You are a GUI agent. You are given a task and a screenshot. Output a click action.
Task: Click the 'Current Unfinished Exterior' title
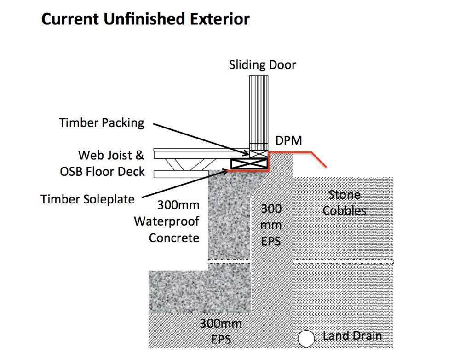click(145, 19)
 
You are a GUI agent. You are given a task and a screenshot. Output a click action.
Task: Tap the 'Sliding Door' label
click(262, 65)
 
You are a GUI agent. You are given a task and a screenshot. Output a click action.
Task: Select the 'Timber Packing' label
click(102, 123)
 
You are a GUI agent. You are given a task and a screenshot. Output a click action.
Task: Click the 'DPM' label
click(289, 140)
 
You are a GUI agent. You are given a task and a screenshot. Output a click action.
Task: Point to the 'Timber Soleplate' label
click(87, 199)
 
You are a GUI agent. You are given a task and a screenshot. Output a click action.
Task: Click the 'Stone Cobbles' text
click(345, 203)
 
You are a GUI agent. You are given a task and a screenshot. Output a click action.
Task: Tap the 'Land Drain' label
click(352, 336)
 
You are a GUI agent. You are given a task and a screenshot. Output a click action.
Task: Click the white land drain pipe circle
click(306, 338)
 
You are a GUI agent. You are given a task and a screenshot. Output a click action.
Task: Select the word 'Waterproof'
click(167, 221)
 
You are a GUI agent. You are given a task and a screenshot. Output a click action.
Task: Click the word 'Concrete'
click(174, 238)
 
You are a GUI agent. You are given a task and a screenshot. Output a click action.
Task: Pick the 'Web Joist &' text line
click(111, 155)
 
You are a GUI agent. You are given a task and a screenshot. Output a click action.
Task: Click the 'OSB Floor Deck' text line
click(102, 172)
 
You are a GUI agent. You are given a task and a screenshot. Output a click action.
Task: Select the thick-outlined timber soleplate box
click(249, 163)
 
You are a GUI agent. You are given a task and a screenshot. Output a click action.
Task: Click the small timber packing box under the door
click(259, 154)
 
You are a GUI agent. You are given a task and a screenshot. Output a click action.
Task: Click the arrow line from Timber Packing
click(201, 139)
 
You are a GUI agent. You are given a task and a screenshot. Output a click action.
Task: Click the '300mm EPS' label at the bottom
click(221, 331)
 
